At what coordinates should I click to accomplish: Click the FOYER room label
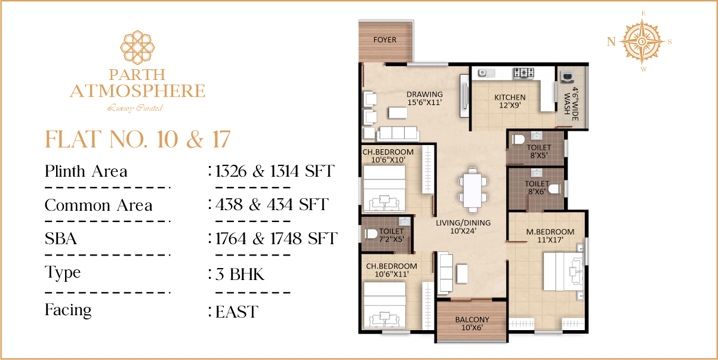point(384,40)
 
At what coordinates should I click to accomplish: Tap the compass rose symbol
point(642,41)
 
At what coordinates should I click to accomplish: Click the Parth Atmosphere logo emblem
point(137,47)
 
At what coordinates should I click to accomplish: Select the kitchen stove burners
point(524,73)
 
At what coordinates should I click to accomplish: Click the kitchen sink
point(486,73)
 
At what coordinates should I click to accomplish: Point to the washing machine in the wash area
point(567,77)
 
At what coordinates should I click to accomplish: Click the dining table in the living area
point(473,190)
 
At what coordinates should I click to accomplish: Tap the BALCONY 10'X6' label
point(472,324)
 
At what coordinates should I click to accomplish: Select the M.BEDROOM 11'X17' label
point(550,236)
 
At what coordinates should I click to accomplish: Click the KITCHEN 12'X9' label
point(510,101)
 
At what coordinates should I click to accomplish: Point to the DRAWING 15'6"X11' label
point(424,98)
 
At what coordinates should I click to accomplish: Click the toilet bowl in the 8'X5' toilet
point(518,140)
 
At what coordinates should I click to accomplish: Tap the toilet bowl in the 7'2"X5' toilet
point(371,233)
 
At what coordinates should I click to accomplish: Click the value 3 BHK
point(240,275)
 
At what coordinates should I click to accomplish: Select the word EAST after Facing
point(236,312)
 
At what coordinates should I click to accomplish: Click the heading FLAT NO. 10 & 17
point(138,139)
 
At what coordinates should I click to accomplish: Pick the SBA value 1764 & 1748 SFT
point(276,238)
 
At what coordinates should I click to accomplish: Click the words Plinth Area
point(86,171)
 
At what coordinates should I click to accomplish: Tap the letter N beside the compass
point(611,42)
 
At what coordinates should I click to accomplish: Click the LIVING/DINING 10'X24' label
point(463,227)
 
